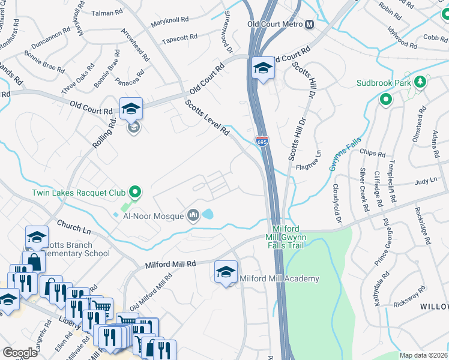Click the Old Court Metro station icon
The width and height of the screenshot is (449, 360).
click(x=310, y=25)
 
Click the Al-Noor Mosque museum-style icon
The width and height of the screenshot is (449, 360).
click(x=193, y=215)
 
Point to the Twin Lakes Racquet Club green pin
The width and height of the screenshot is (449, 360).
click(x=136, y=193)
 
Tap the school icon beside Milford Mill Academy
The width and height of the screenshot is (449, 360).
click(x=226, y=272)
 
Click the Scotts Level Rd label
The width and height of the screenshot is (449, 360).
click(x=208, y=117)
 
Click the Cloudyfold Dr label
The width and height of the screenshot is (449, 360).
click(x=337, y=202)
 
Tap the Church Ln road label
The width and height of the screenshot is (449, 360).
click(x=74, y=227)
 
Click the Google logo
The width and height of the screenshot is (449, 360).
click(x=20, y=352)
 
